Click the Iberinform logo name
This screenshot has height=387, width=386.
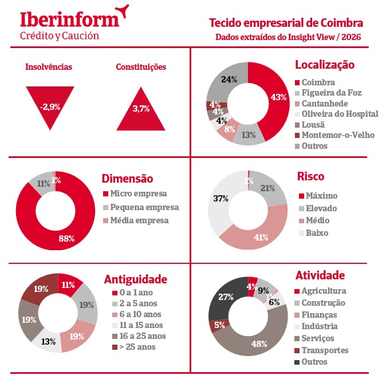70,18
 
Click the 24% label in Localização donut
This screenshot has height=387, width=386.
229,80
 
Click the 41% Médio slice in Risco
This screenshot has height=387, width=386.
261,236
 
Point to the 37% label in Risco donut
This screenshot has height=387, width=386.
221,199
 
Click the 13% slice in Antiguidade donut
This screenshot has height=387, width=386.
49,341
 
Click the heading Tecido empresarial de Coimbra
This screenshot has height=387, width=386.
286,23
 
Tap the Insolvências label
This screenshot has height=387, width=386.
49,67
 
